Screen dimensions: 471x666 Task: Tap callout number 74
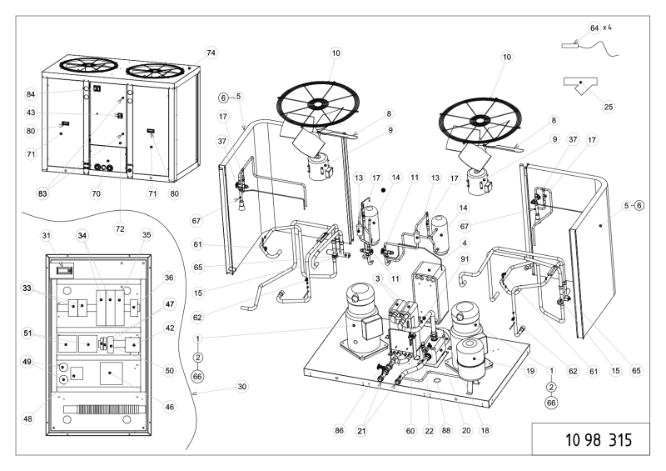coord(211,53)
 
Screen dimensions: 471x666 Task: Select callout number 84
coord(31,93)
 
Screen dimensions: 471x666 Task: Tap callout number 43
coord(31,113)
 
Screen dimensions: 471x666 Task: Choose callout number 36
coord(169,278)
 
